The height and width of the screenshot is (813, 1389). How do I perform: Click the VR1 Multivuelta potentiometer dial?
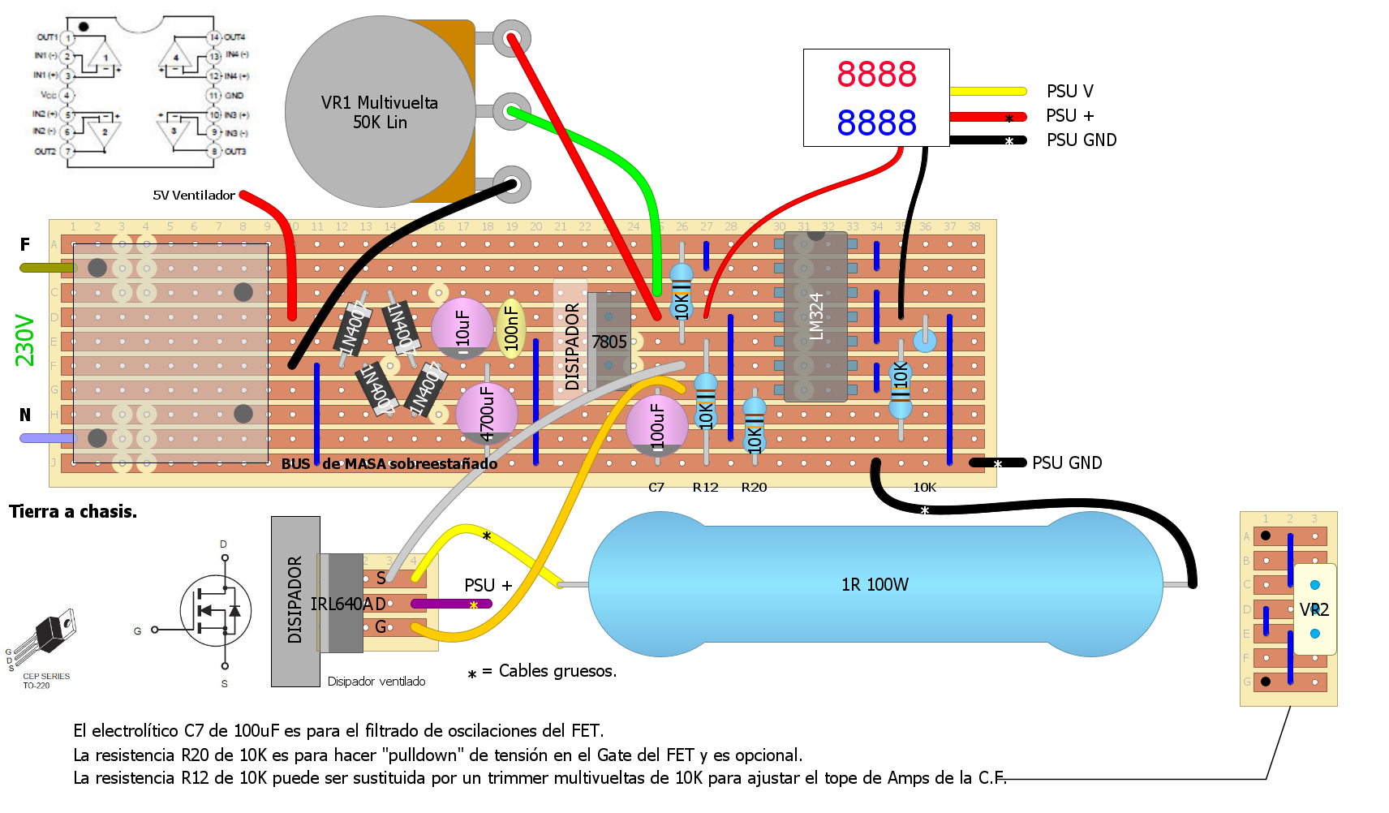[380, 112]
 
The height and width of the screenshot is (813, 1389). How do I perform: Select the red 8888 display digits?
[876, 75]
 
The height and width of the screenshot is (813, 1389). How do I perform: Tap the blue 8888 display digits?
[876, 123]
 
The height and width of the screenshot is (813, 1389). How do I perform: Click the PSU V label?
[1069, 91]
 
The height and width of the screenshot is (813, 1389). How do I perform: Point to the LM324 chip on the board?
[815, 316]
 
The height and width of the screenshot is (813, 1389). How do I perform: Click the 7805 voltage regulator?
[608, 341]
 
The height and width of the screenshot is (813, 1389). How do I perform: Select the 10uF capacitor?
[462, 328]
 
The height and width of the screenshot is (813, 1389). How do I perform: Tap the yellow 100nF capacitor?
[511, 328]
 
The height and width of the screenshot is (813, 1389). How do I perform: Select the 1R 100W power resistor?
[875, 584]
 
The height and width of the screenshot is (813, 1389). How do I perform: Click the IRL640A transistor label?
[347, 604]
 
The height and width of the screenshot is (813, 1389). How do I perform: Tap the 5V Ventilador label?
[194, 195]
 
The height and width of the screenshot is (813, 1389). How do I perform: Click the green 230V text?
[25, 341]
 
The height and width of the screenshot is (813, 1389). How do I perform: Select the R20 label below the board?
[754, 487]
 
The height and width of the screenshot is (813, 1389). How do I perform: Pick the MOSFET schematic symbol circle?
[216, 611]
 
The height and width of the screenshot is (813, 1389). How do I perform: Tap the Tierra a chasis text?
[73, 511]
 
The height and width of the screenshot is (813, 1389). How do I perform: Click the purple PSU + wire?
[451, 604]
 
